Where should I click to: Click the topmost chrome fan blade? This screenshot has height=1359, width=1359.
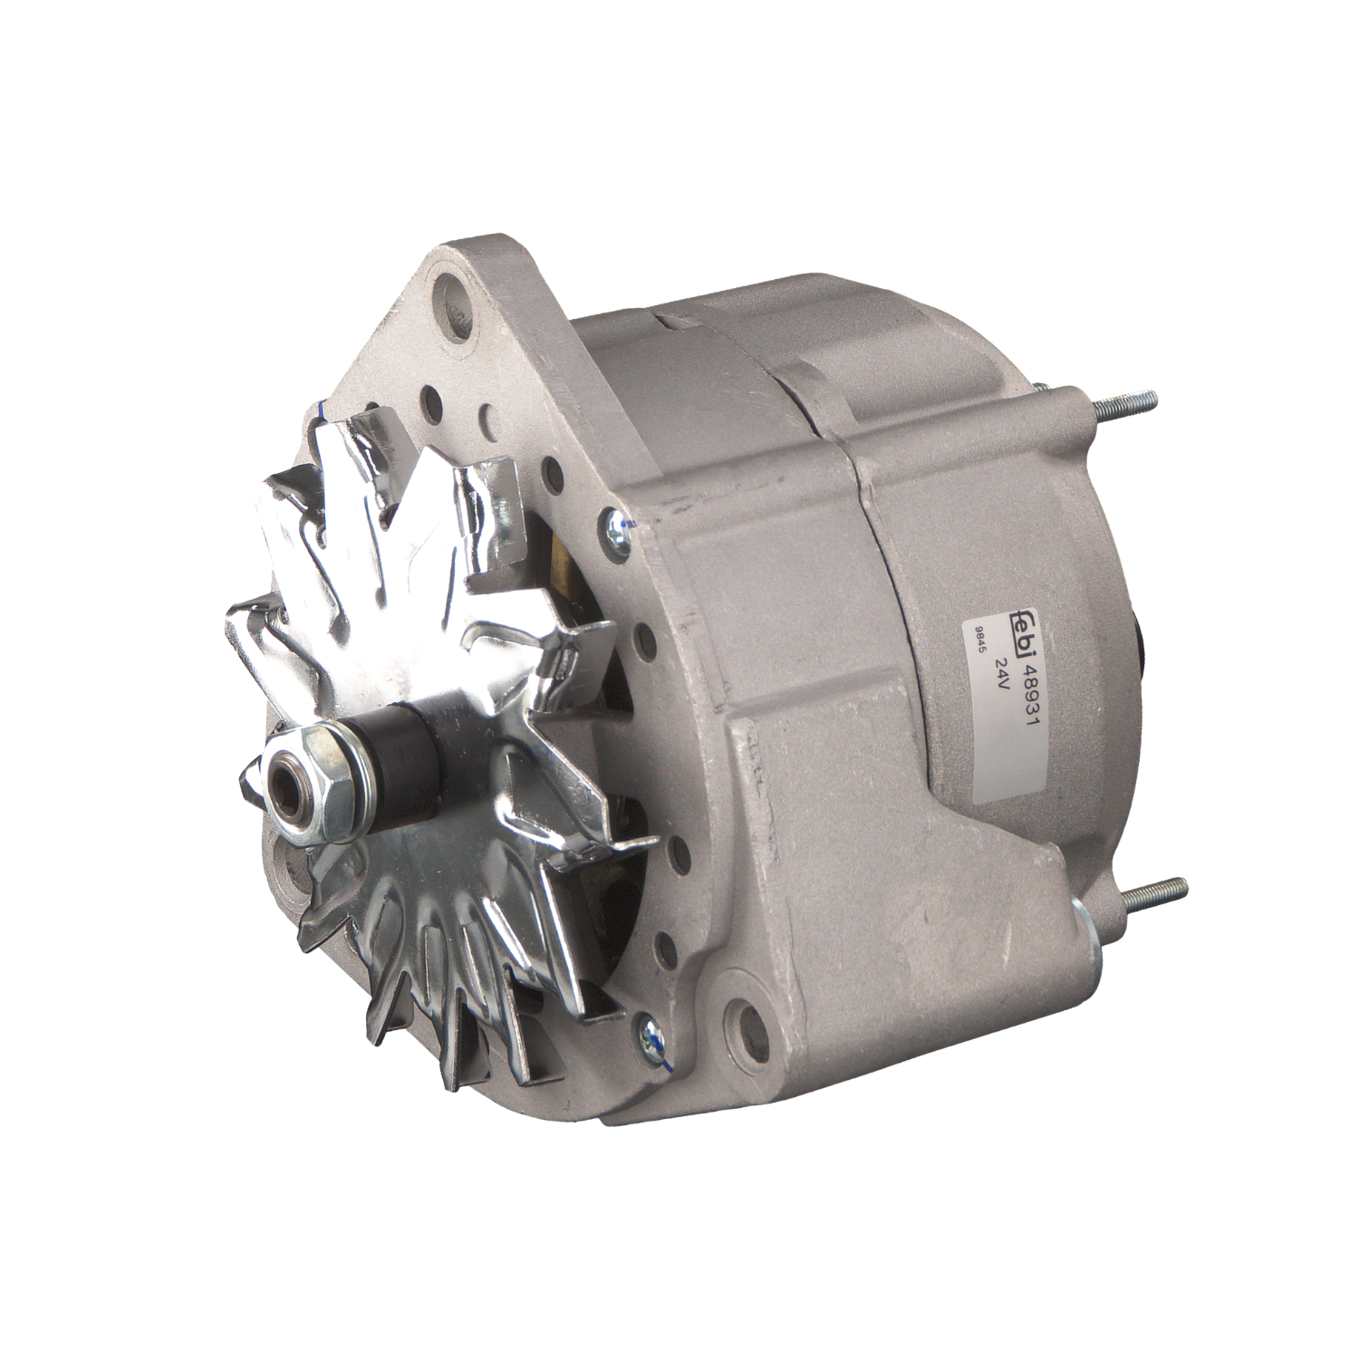tap(358, 453)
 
